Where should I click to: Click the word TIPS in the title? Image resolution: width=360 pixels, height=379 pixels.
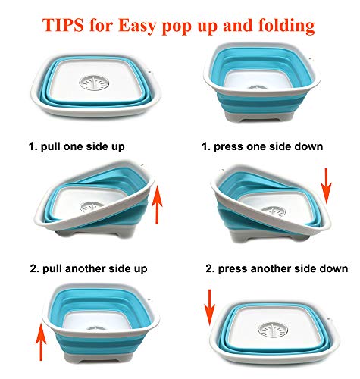tap(63, 25)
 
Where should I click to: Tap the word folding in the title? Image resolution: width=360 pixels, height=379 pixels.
tap(286, 27)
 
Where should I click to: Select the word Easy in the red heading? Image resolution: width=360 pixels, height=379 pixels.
tap(137, 27)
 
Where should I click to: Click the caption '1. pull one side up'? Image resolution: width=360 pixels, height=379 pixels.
tap(77, 146)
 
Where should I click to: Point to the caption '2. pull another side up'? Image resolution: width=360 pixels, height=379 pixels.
tap(89, 268)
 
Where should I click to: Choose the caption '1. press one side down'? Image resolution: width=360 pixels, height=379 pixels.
tap(262, 146)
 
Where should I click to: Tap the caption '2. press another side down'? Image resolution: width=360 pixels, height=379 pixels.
tap(277, 268)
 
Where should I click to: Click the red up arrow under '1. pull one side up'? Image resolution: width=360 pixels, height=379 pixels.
tap(157, 205)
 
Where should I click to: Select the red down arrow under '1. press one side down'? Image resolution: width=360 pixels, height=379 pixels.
tap(326, 186)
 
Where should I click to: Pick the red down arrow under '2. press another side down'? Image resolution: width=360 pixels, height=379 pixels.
tap(209, 308)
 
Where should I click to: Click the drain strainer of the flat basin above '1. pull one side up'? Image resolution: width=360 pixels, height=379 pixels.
tap(94, 83)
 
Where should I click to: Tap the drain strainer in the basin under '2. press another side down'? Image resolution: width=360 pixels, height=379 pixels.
tap(273, 330)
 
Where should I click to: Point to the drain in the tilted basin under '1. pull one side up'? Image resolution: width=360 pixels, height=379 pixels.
tap(91, 207)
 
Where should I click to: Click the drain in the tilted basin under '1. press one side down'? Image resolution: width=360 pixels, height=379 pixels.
tap(274, 211)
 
